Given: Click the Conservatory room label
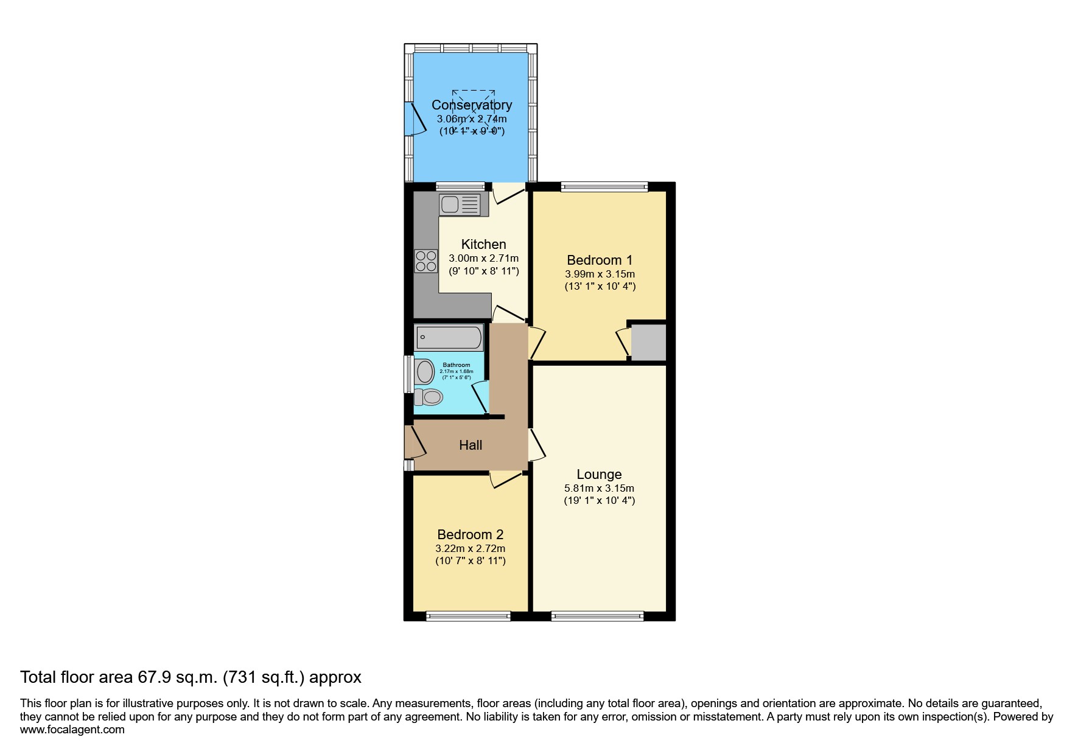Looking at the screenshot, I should (x=471, y=105).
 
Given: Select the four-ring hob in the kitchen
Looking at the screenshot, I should (x=425, y=261).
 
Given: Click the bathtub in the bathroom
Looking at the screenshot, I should (x=449, y=337).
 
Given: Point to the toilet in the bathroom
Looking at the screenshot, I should (x=429, y=397).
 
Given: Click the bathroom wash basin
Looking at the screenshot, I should (x=423, y=371).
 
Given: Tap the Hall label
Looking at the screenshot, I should (x=471, y=445).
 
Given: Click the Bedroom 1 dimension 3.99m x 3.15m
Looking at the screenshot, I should (x=600, y=274).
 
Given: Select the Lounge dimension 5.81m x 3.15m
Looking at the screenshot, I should (x=599, y=488).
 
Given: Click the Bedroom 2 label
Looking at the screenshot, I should (x=470, y=535).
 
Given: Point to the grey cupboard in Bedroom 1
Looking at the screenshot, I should (x=648, y=342).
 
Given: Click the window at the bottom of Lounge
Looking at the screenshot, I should (x=597, y=616).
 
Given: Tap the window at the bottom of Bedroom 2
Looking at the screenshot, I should (x=468, y=616).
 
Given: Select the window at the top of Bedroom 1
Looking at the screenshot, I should (x=604, y=187).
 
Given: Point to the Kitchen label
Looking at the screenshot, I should (x=483, y=245).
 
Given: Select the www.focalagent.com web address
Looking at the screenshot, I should (x=72, y=730).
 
